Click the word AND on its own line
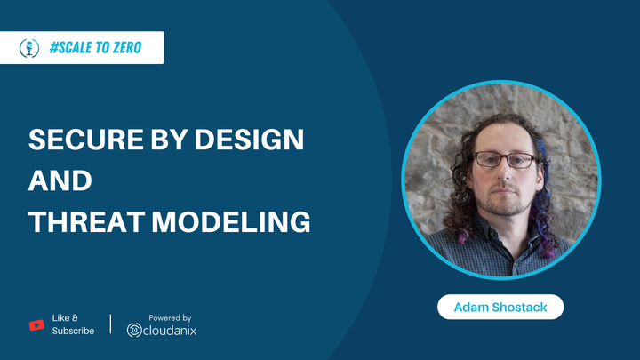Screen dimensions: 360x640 point(60,180)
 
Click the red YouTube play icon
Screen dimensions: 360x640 point(36,324)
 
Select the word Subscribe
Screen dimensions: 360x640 point(73,332)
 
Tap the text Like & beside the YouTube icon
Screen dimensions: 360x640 point(65,317)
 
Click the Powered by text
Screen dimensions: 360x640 point(170,317)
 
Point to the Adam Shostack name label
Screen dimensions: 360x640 point(500,308)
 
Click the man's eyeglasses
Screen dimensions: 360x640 point(504,160)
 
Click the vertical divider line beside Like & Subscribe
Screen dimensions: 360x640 point(110,324)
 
